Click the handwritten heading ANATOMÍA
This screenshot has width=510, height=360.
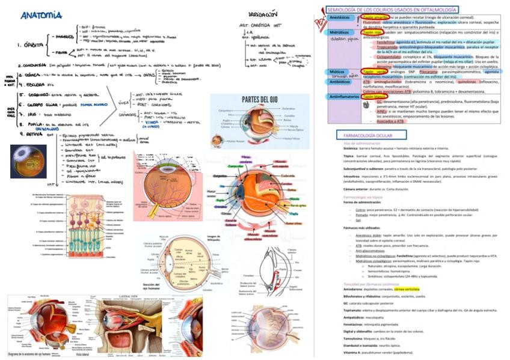click(x=41, y=14)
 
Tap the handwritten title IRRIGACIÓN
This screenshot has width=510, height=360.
click(x=263, y=13)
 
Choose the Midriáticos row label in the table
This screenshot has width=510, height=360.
click(x=341, y=32)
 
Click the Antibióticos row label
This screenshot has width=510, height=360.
click(x=342, y=81)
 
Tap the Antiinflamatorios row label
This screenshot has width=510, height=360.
click(x=345, y=97)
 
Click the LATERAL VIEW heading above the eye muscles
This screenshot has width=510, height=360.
click(x=130, y=296)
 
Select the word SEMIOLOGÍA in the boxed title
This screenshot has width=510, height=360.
click(x=345, y=10)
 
